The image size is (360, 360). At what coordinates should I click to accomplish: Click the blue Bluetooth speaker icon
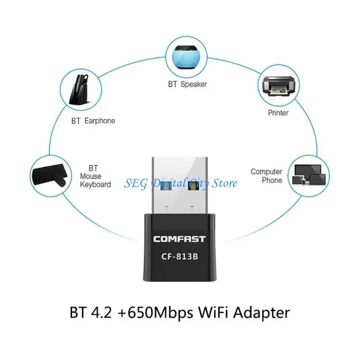186,57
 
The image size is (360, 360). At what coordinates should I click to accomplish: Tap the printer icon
278,86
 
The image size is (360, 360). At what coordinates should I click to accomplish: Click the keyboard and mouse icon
50,175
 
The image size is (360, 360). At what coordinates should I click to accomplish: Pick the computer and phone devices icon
309,175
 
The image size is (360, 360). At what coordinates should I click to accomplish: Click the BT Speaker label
187,84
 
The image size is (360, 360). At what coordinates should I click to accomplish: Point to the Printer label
278,113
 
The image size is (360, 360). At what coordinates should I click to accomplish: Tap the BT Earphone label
93,121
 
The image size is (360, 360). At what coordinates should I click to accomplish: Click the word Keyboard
95,184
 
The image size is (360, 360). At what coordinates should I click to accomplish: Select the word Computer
266,172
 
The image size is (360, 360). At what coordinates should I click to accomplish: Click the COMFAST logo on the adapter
180,239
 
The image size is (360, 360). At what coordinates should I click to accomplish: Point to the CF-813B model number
180,256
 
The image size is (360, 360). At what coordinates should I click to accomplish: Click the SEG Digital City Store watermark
180,183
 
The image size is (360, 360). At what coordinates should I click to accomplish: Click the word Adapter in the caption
261,312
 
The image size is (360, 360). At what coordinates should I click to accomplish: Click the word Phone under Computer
272,180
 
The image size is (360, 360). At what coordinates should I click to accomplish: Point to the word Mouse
91,176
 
